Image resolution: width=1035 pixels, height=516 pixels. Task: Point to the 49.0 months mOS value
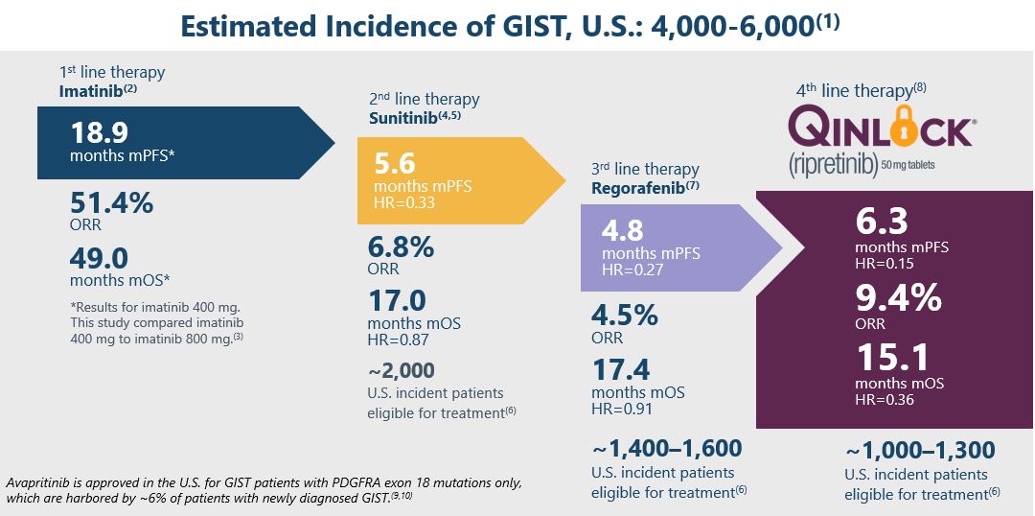point(101,257)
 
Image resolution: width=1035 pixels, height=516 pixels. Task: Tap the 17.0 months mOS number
point(397,300)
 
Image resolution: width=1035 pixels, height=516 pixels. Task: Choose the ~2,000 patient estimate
point(401,370)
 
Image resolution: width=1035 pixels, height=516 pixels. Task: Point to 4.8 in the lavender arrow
point(622,232)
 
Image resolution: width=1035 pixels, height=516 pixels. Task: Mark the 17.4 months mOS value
point(623,368)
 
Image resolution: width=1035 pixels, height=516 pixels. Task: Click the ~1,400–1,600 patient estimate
point(667,448)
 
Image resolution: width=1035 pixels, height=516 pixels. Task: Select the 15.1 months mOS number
point(891,358)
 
